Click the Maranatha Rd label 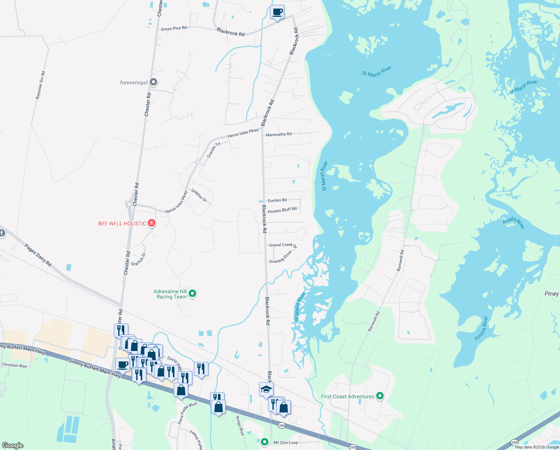point(279,134)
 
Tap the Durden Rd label point(277,200)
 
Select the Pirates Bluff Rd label point(282,210)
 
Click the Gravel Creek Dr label point(283,245)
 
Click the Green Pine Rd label point(174,28)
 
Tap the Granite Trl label point(214,149)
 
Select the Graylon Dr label point(199,195)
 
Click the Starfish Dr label point(139,259)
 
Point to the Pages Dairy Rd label point(38,255)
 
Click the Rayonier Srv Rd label point(40,85)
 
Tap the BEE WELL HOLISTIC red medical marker point(152,223)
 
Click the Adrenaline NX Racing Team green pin point(192,294)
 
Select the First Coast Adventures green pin point(380,396)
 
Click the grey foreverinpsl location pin point(153,82)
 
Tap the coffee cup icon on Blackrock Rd point(277,12)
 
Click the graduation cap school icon point(266,389)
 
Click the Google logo point(13,445)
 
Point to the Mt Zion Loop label point(286,442)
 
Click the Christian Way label point(14,365)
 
